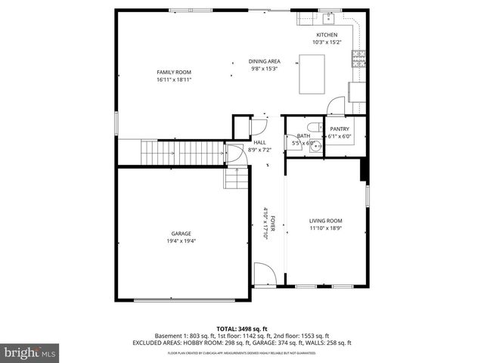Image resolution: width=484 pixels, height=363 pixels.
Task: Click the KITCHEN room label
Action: (x=327, y=35)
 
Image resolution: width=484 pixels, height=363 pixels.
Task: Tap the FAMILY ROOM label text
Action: (x=173, y=72)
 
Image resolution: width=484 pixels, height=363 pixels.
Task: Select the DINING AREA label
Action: (x=265, y=61)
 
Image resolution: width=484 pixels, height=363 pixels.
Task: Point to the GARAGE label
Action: (x=181, y=234)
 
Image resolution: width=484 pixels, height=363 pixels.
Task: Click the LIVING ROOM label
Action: (x=325, y=220)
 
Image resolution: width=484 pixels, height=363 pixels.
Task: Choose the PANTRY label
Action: (x=339, y=129)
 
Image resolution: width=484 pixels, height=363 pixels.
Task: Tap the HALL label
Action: (x=259, y=142)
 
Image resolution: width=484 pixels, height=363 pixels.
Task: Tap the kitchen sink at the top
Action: (x=329, y=18)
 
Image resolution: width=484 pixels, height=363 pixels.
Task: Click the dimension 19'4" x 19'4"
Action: (x=181, y=241)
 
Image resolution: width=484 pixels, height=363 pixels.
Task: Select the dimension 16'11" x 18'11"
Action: (x=173, y=79)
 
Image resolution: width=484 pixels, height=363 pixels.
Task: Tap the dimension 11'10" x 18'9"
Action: (x=325, y=228)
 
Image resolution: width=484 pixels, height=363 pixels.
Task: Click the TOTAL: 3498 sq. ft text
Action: (x=241, y=328)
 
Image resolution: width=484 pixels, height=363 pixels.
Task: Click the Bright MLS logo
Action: (x=31, y=352)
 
